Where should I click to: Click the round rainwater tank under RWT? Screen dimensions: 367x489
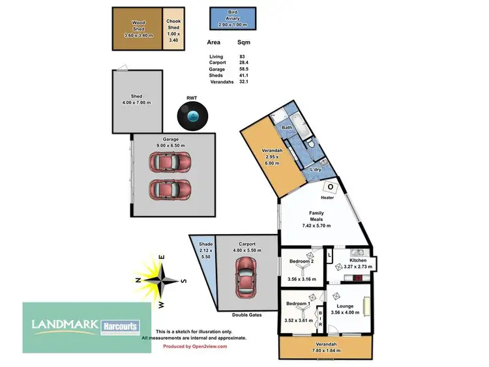pyautogui.click(x=192, y=117)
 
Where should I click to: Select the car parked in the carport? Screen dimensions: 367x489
pyautogui.click(x=245, y=275)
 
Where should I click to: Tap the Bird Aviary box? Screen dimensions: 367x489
pyautogui.click(x=233, y=17)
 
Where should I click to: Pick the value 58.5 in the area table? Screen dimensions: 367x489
pyautogui.click(x=243, y=69)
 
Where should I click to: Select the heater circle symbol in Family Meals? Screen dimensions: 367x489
pyautogui.click(x=330, y=187)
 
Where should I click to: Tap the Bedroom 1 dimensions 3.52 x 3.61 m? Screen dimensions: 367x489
pyautogui.click(x=301, y=320)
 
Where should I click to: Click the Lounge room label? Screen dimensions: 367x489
pyautogui.click(x=346, y=306)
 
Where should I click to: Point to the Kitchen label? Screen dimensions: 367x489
pyautogui.click(x=359, y=260)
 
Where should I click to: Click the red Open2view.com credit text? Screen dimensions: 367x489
pyautogui.click(x=195, y=346)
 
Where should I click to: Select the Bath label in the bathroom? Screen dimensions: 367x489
pyautogui.click(x=287, y=128)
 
